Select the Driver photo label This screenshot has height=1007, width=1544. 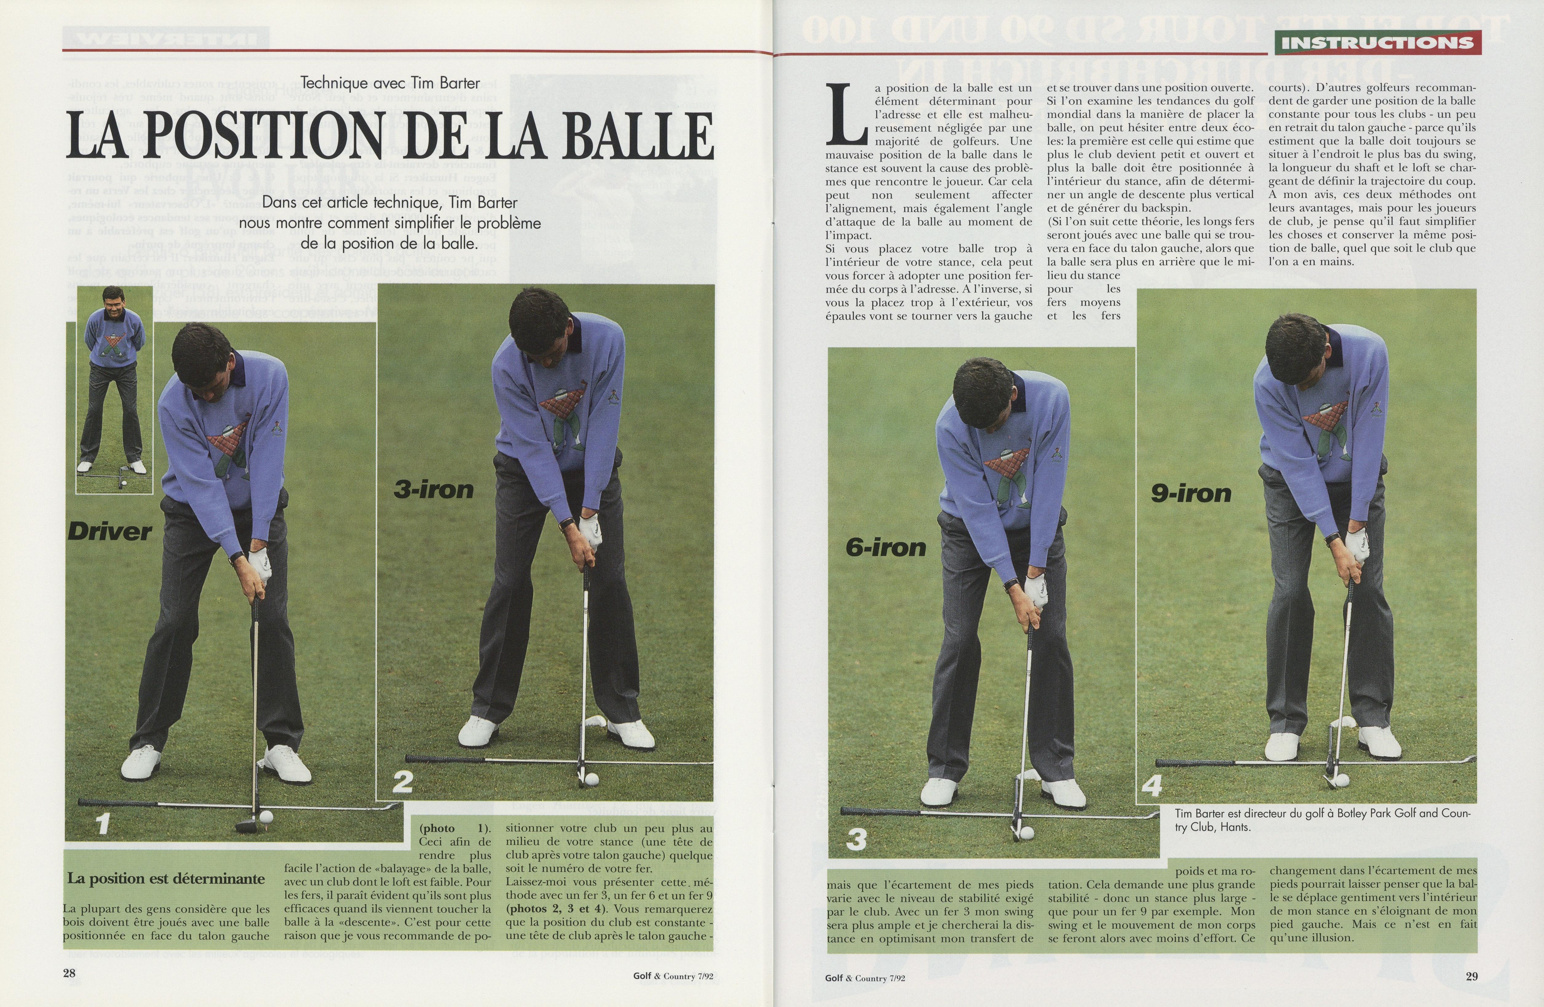[x=110, y=532]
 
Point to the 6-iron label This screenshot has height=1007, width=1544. [x=885, y=548]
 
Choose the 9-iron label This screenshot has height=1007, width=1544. [x=1191, y=493]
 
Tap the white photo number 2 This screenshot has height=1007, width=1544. [x=402, y=782]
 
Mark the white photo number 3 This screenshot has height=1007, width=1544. [x=856, y=840]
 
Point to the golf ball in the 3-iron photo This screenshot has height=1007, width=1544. [x=592, y=779]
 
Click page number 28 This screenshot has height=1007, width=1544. [x=69, y=973]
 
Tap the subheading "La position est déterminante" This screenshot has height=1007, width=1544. [x=166, y=879]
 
